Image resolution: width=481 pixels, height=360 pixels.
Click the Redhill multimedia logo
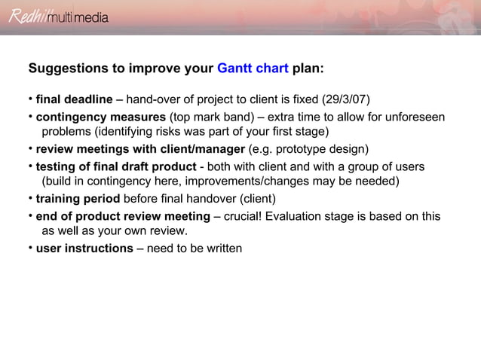coord(58,17)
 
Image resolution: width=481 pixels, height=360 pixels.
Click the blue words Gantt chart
coord(253,69)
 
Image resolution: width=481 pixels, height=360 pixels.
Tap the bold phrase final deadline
coord(74,100)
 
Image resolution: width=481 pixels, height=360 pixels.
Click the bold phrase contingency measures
coord(101,117)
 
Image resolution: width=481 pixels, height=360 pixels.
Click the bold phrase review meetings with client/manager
coord(140,149)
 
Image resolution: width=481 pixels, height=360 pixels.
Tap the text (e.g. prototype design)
coord(308,149)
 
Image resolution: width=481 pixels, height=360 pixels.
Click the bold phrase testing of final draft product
coord(115,166)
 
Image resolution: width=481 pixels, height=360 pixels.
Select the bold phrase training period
coord(78,199)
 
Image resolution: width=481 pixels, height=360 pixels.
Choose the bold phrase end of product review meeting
coord(123,216)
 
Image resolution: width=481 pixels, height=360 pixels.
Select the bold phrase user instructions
coord(84,248)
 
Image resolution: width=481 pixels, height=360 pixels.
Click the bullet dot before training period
coord(30,198)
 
